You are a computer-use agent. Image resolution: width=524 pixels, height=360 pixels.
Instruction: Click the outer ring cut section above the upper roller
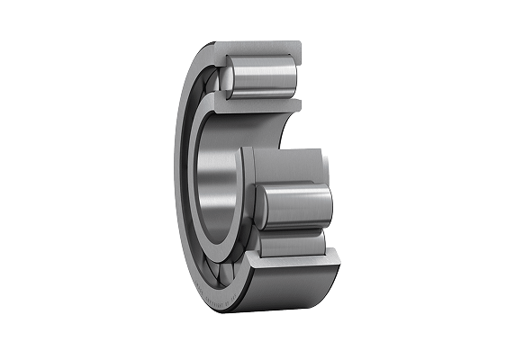(x=261, y=45)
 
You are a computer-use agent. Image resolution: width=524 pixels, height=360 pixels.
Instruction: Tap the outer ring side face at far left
(x=180, y=180)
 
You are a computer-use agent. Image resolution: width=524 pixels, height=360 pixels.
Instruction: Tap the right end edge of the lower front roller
(x=330, y=205)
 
